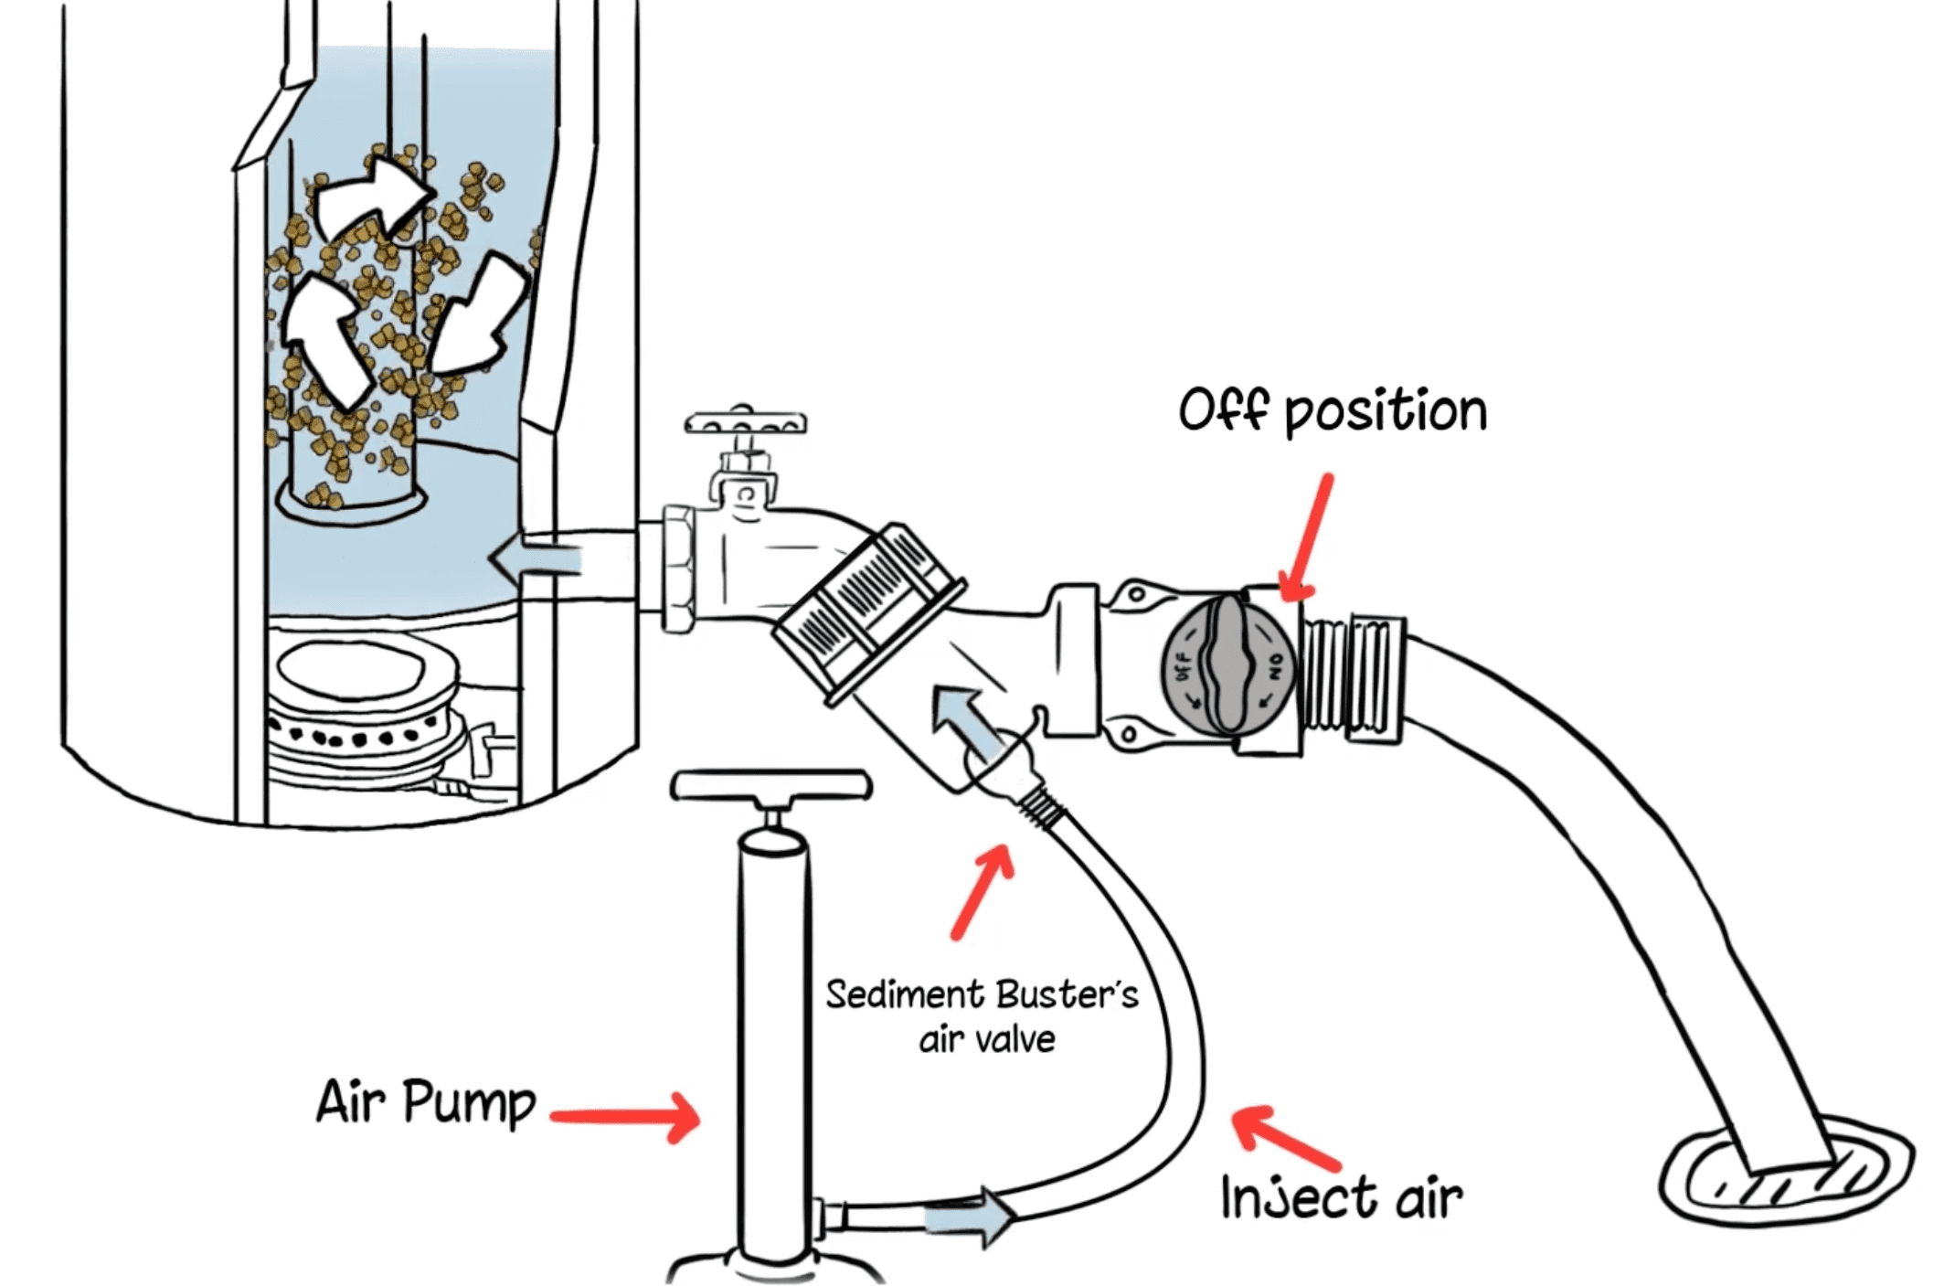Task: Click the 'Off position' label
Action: [x=1332, y=411]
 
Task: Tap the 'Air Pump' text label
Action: [x=425, y=1101]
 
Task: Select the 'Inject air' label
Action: [x=1341, y=1197]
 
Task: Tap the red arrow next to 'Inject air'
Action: [x=1285, y=1139]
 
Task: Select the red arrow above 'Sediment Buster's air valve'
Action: [x=983, y=891]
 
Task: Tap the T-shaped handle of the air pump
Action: [x=770, y=786]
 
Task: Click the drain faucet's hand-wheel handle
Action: [x=745, y=424]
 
